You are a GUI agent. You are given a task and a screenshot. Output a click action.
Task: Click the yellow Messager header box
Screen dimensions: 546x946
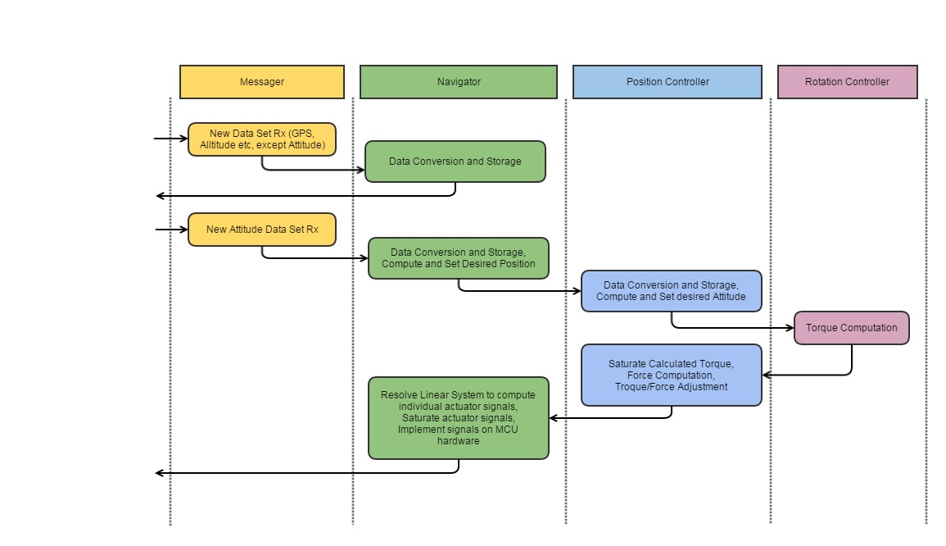[261, 82]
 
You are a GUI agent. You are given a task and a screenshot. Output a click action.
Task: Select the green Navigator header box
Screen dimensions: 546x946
[458, 82]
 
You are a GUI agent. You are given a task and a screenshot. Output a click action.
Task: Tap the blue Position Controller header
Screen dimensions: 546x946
[667, 82]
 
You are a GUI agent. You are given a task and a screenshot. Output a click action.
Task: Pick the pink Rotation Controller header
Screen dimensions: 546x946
[847, 82]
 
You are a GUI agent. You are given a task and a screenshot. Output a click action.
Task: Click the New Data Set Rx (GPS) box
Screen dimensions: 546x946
[261, 139]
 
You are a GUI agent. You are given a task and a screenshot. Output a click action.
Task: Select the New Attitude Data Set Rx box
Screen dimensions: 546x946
[261, 230]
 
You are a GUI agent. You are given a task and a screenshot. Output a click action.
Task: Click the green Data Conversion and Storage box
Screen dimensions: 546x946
[455, 162]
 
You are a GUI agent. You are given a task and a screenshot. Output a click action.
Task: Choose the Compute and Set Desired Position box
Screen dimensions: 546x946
[458, 258]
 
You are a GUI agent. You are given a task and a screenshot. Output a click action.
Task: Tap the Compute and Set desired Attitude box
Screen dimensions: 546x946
[671, 291]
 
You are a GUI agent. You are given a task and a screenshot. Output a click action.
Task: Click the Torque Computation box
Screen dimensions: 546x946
[851, 328]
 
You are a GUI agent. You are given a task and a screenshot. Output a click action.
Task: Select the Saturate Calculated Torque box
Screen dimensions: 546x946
[671, 375]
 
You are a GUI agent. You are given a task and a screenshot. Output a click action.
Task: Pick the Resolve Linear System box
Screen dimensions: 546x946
[458, 418]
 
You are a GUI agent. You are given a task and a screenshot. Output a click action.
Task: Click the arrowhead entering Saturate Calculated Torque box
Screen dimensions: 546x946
[767, 375]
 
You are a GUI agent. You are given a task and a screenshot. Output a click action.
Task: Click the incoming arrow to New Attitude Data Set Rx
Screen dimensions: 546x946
[172, 230]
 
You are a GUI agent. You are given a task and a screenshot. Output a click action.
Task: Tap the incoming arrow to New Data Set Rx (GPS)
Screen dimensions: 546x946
[172, 139]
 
